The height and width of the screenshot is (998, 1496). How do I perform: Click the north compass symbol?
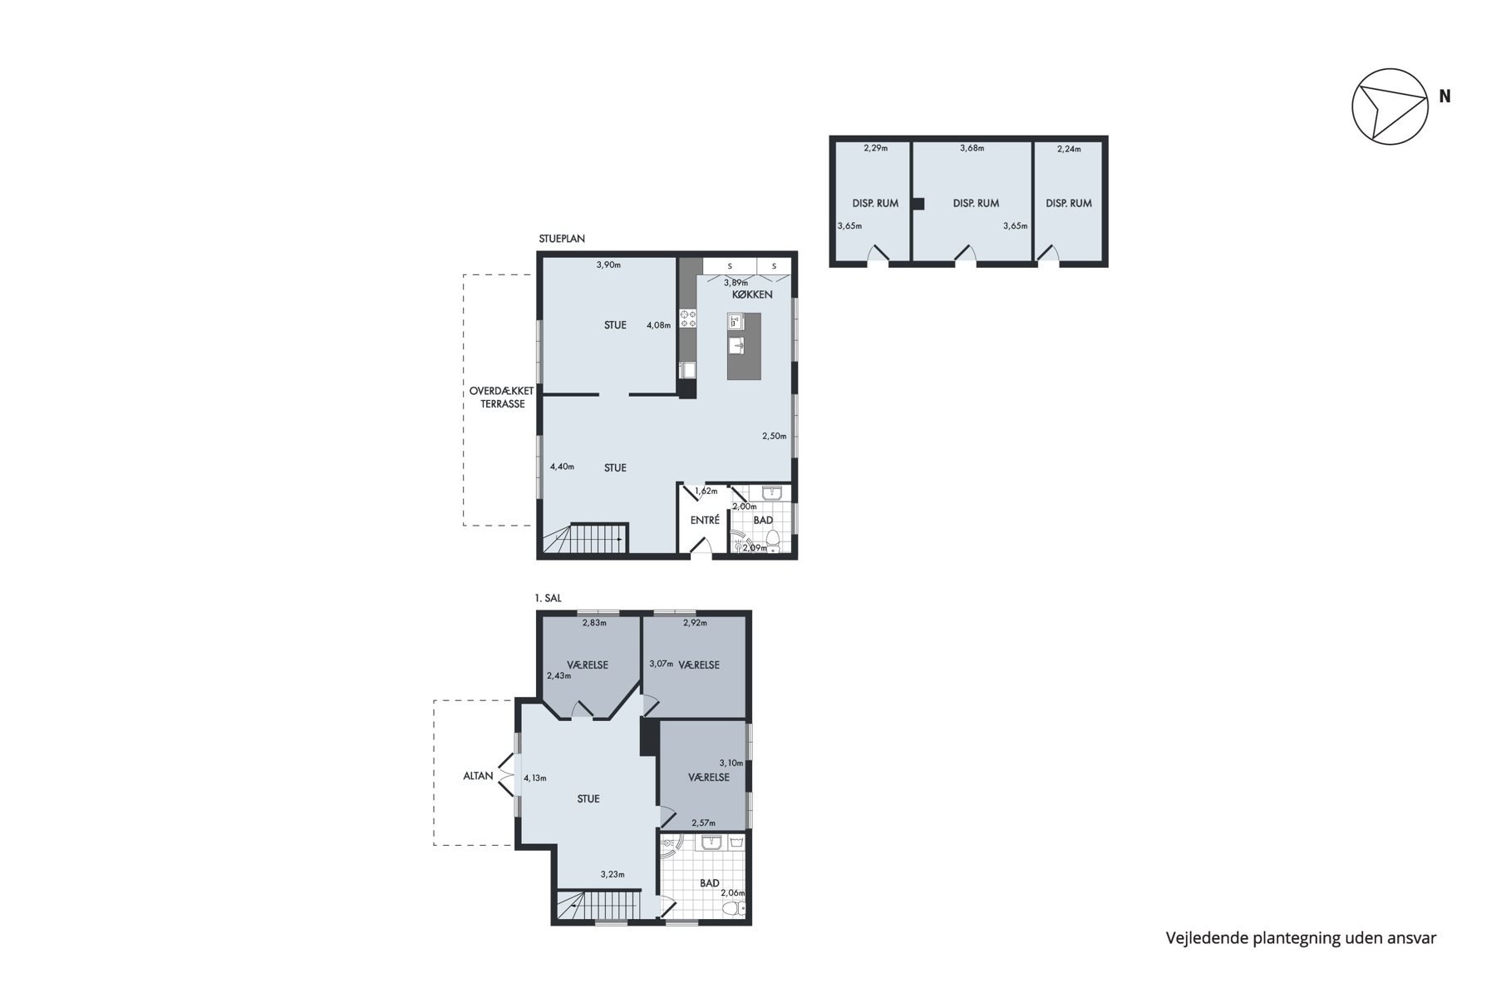pos(1390,106)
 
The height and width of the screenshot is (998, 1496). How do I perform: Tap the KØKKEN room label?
pos(752,294)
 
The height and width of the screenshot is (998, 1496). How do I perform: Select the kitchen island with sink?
pos(744,346)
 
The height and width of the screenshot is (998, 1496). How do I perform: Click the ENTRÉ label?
pos(705,521)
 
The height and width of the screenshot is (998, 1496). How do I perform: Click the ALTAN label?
pos(478,776)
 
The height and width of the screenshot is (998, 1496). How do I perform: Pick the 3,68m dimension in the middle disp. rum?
pos(972,148)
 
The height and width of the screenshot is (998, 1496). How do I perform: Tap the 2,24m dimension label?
pos(1069,149)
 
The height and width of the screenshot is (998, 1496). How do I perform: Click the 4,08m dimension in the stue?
pos(658,325)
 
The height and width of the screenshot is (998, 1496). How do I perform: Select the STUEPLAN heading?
pos(562,239)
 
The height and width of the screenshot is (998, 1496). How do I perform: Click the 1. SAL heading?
pos(548,598)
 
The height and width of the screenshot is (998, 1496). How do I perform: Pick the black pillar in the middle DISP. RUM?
pos(918,203)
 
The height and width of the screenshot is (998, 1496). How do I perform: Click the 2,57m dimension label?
pos(703,823)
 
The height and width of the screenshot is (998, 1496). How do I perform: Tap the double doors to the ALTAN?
pos(506,776)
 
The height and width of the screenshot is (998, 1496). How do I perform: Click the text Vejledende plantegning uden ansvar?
pos(1301,938)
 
